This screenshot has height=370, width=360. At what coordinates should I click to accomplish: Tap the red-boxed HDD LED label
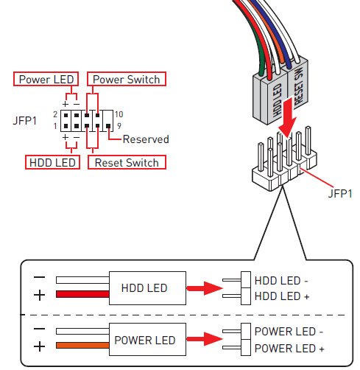pos(52,162)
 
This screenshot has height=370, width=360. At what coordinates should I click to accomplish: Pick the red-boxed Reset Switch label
pos(127,162)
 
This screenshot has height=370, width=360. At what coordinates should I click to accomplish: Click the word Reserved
pos(146,139)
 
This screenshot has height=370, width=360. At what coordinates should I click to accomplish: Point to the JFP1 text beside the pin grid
pos(25,120)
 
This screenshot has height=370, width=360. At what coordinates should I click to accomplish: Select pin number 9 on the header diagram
pos(118,126)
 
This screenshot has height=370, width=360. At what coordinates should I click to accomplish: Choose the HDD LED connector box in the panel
pos(144,287)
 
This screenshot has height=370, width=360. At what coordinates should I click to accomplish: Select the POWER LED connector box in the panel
pos(144,340)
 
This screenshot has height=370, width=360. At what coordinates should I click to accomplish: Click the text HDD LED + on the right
pos(282,296)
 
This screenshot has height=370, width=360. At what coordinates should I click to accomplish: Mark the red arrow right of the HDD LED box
pos(204,288)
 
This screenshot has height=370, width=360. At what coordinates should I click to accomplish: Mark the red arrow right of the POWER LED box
pos(204,340)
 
